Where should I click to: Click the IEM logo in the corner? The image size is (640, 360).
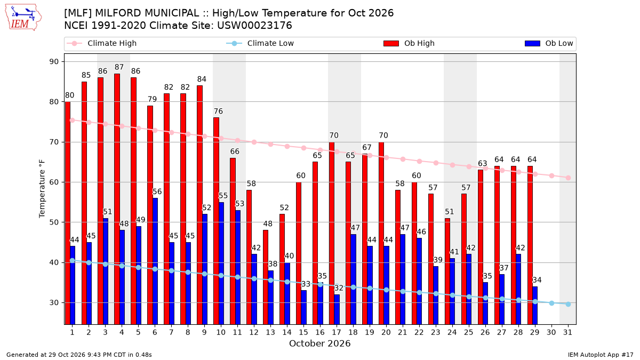23,18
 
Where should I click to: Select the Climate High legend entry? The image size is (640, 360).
101,43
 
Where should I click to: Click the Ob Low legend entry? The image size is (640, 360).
549,43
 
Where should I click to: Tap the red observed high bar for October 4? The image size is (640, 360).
117,199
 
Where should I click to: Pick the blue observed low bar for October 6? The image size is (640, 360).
155,261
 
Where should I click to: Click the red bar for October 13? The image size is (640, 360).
266,277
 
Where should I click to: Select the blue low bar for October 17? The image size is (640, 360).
337,309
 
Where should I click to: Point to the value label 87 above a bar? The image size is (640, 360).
119,67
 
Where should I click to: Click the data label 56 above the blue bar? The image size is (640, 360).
157,191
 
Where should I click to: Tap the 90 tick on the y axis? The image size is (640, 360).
54,62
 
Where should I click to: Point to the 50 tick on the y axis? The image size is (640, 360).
54,222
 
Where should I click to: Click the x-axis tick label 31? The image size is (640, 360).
567,332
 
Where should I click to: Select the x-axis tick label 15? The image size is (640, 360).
303,332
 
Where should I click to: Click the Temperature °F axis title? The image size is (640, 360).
42,189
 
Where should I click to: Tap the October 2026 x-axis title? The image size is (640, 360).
319,343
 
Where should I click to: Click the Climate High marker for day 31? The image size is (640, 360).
569,178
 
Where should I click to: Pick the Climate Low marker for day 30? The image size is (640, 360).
551,303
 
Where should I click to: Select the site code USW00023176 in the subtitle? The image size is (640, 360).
254,26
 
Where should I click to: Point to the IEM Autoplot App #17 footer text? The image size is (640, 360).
601,355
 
